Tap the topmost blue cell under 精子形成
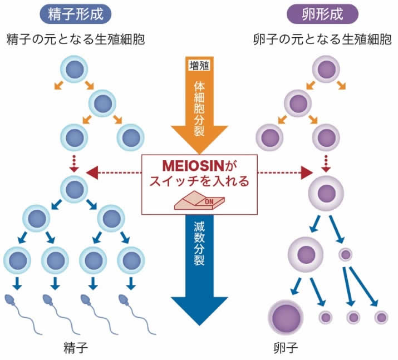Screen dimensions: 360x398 point(76,68)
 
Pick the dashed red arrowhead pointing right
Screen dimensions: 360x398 point(305,172)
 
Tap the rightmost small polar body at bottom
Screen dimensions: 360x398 point(381,318)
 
